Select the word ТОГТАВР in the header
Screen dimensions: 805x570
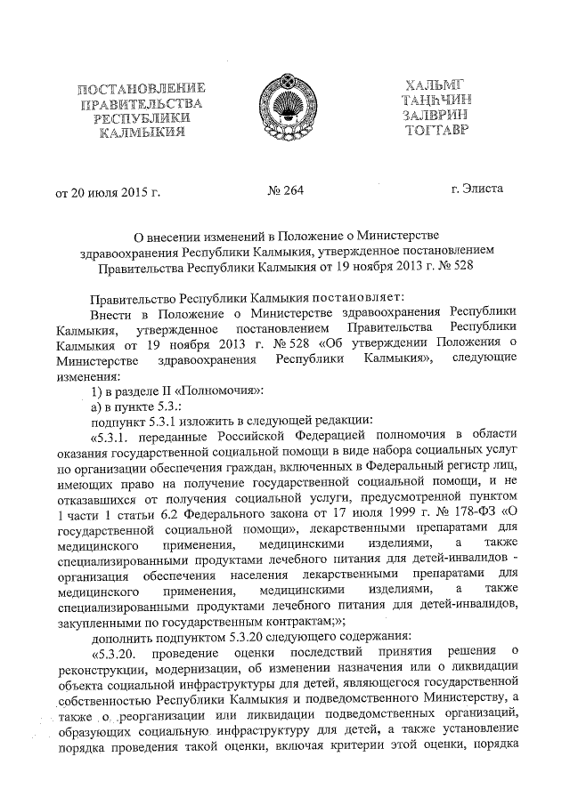pos(434,131)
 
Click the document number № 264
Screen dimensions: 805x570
pos(286,189)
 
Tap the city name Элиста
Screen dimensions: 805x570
pos(485,189)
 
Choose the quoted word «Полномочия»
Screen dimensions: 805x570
pos(215,390)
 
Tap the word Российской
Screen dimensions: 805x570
pos(247,434)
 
